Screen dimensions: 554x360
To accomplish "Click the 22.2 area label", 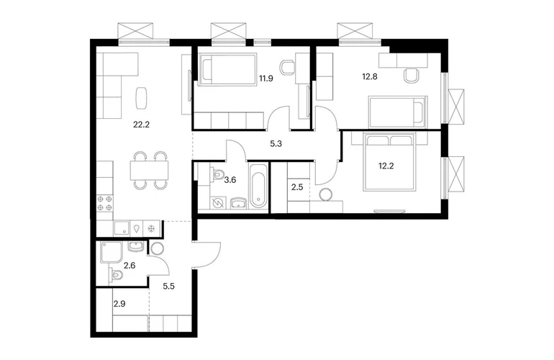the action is pyautogui.click(x=141, y=125).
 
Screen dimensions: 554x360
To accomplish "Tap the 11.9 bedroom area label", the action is pyautogui.click(x=266, y=78).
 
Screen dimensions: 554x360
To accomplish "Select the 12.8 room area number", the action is pyautogui.click(x=370, y=76).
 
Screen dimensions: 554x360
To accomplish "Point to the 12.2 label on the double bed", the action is pyautogui.click(x=386, y=166).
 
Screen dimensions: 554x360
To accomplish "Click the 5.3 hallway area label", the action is pyautogui.click(x=276, y=144).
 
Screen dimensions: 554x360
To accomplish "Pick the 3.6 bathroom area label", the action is pyautogui.click(x=230, y=180).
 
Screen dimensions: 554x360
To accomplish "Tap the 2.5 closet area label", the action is pyautogui.click(x=297, y=187).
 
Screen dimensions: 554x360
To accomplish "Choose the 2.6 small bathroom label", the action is pyautogui.click(x=130, y=265).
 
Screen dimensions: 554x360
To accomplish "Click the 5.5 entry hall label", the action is pyautogui.click(x=168, y=286).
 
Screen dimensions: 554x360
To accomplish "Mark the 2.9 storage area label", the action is pyautogui.click(x=119, y=304).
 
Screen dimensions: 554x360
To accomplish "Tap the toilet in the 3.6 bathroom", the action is pyautogui.click(x=217, y=174).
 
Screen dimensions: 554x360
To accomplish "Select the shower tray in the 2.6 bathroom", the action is pyautogui.click(x=112, y=252).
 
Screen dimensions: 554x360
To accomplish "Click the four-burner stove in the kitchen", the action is pyautogui.click(x=104, y=203).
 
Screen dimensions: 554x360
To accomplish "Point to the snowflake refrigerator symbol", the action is pyautogui.click(x=152, y=229).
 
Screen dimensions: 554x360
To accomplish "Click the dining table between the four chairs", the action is pyautogui.click(x=149, y=170).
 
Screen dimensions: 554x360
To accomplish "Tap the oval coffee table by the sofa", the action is pyautogui.click(x=141, y=98).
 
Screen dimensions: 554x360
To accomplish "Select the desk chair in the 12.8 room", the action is pyautogui.click(x=412, y=75).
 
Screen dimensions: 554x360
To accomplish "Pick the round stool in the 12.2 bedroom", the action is pyautogui.click(x=324, y=194).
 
